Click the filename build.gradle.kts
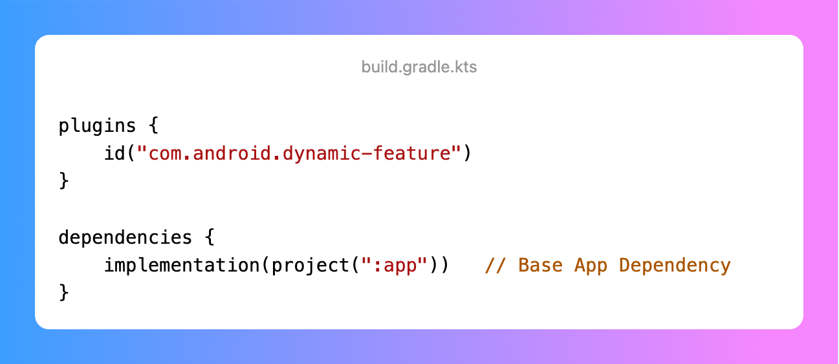pos(419,67)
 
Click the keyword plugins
pos(98,126)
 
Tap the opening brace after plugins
pos(153,126)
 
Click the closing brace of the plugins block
pos(64,181)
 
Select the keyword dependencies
pos(125,237)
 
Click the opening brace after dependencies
pos(209,237)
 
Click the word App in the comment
pos(590,265)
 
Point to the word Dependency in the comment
pos(675,265)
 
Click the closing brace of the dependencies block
pos(64,293)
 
